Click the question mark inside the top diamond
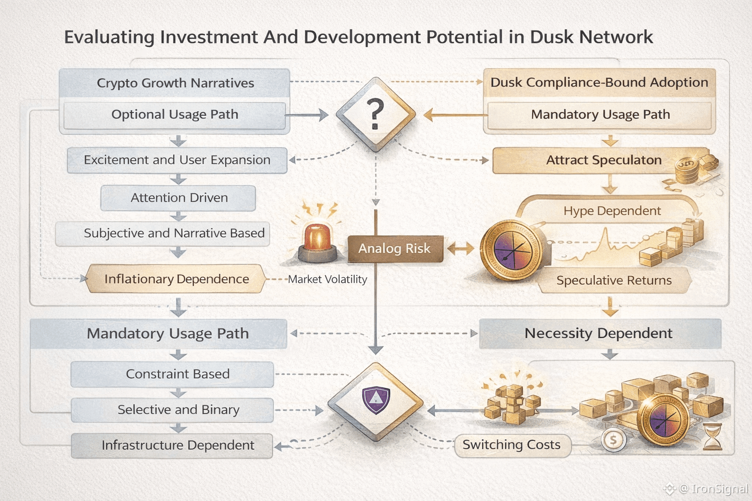point(375,114)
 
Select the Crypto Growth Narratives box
point(175,83)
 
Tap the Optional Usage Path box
point(175,115)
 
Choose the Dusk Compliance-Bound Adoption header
point(599,83)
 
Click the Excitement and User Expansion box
point(177,160)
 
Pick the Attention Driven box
point(179,198)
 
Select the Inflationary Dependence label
point(176,279)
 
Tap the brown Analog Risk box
point(395,249)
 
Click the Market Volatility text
point(328,279)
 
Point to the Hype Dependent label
point(612,211)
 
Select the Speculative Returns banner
point(614,280)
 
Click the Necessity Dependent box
point(599,334)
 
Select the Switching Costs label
point(512,445)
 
